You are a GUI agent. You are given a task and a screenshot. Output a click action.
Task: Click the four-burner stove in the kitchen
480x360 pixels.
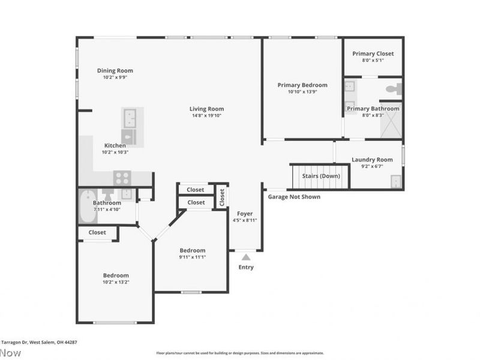tap(122, 178)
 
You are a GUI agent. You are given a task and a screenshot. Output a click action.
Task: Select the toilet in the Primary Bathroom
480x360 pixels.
tap(393, 89)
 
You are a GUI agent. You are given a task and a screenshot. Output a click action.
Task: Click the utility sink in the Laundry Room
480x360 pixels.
tap(396, 181)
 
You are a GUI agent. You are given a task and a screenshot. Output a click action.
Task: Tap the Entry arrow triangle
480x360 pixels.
tap(246, 257)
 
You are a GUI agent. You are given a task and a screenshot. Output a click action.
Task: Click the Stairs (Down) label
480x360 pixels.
tap(320, 176)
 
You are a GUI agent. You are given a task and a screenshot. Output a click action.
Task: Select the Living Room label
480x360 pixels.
tap(206, 109)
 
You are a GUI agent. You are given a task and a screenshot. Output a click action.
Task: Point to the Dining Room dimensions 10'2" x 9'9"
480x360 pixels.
tap(115, 77)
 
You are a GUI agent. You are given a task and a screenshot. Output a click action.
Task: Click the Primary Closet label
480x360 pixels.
tap(373, 53)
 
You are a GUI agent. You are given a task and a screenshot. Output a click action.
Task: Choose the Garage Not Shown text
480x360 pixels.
tap(294, 197)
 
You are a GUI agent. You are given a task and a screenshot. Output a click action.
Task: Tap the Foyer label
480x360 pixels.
tap(245, 214)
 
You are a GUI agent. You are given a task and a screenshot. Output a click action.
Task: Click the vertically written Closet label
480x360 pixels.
tap(221, 196)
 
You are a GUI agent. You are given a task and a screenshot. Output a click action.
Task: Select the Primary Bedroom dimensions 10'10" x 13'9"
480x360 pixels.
tap(302, 92)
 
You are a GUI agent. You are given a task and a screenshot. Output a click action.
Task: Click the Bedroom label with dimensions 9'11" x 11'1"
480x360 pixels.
tap(193, 250)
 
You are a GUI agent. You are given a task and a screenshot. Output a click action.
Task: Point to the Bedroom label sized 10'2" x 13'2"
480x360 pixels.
tap(115, 275)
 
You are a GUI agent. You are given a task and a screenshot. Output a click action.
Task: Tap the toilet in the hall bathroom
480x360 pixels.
tap(108, 194)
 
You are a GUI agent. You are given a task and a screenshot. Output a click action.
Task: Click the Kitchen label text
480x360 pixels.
tap(115, 145)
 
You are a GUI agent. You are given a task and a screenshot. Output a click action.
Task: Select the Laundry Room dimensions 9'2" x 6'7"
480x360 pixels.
tap(372, 167)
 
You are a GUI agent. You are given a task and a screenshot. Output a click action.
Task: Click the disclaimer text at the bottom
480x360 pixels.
tap(240, 353)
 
